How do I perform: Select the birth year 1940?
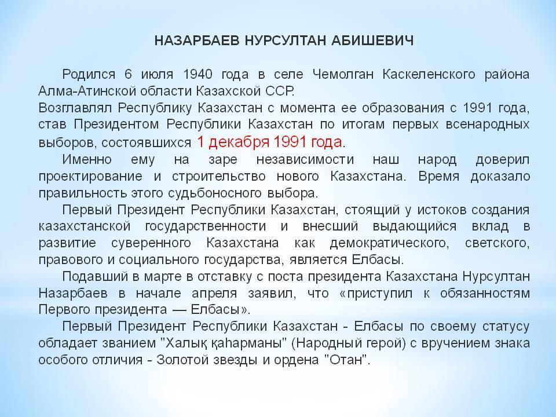[x=198, y=75]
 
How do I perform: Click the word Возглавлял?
[x=75, y=108]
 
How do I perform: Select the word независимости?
[x=305, y=160]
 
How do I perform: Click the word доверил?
[x=503, y=160]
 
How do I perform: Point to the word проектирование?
[x=90, y=177]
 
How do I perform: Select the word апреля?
[x=214, y=294]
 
